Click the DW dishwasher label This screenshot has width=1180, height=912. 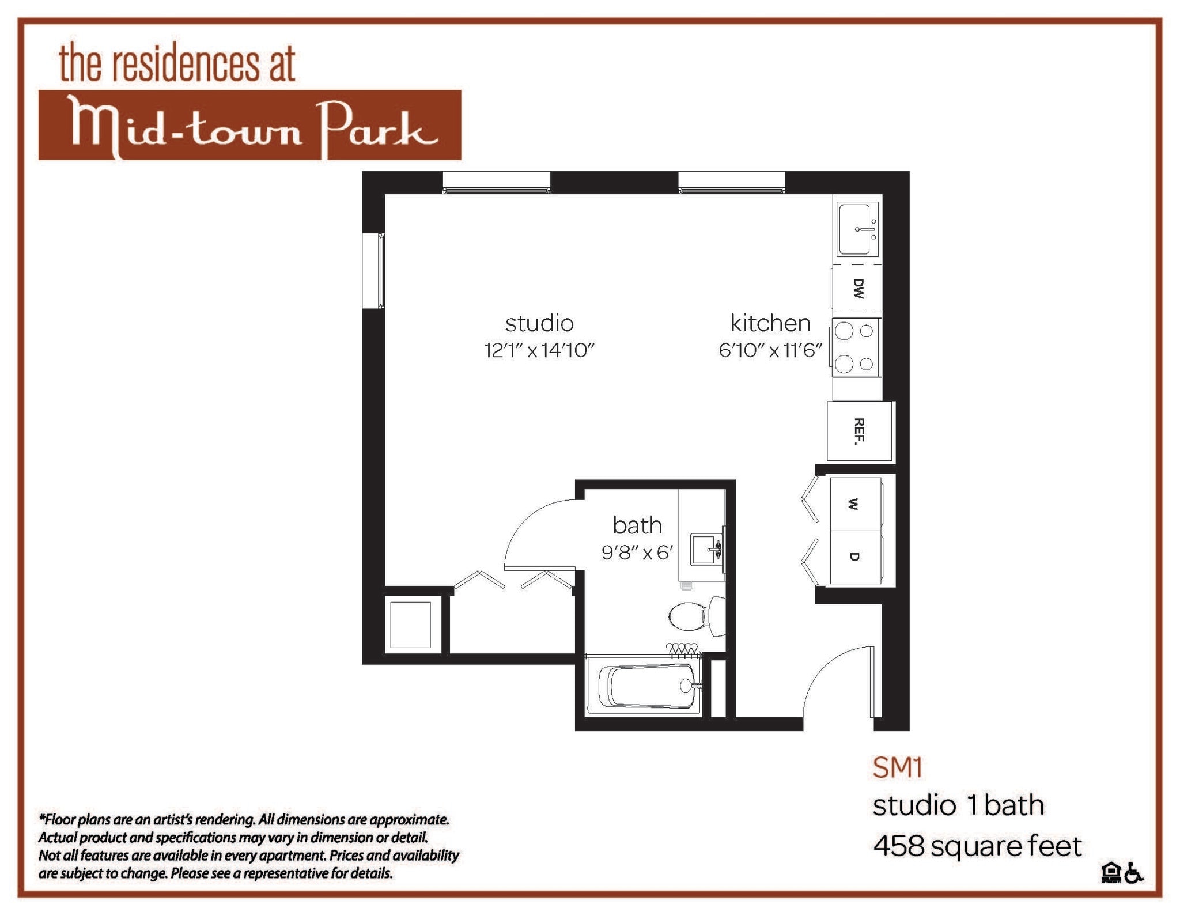click(858, 288)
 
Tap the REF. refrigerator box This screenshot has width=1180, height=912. click(859, 431)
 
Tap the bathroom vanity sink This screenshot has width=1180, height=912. click(705, 548)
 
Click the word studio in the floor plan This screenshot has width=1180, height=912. click(539, 323)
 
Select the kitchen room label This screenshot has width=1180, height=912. click(770, 323)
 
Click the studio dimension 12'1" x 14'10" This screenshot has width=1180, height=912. click(539, 350)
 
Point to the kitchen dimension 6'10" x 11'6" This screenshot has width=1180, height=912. click(770, 350)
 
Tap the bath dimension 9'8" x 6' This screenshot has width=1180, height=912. click(637, 553)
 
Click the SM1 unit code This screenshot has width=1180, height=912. click(897, 767)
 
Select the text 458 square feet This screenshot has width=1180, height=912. click(977, 846)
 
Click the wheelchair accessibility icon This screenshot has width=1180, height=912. click(1134, 873)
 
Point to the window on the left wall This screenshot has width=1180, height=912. click(373, 271)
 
